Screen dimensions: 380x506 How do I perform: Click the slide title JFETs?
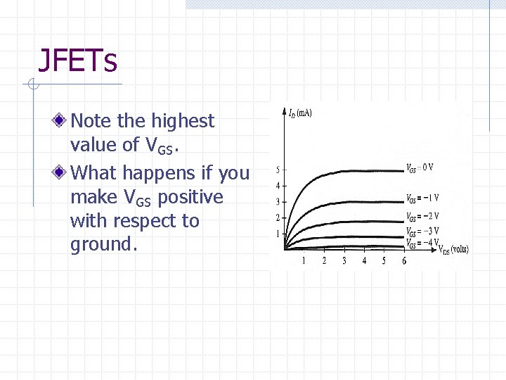tap(77, 61)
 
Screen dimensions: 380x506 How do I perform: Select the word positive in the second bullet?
tap(190, 197)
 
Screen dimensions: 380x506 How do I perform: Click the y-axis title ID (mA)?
tap(300, 113)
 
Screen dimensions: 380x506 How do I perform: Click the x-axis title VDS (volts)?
tap(453, 248)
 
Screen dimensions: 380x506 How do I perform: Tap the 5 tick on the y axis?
tap(278, 170)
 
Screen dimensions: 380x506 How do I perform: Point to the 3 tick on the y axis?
tap(278, 202)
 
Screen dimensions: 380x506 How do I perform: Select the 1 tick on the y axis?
tap(278, 234)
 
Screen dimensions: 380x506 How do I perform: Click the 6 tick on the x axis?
tap(404, 260)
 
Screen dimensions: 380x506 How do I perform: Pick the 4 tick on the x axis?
tap(364, 260)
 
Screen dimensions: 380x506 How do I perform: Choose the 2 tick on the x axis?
tap(324, 260)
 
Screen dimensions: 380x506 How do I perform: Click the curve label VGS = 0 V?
tap(420, 167)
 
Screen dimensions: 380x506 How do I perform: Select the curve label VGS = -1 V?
tap(422, 198)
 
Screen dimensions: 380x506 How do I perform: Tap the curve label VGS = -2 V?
tap(422, 216)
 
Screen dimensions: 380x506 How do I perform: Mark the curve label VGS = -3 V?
tap(422, 231)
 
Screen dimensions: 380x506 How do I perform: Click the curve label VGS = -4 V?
tap(422, 243)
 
